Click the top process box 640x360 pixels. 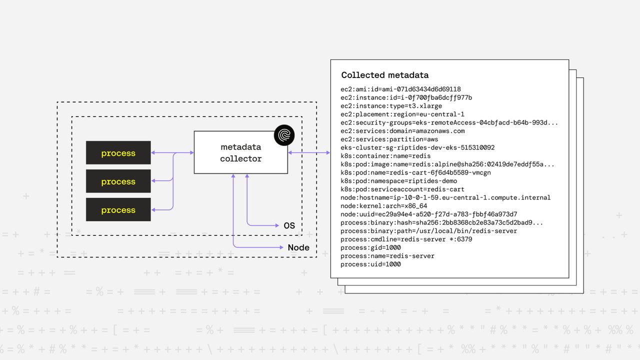[x=118, y=153]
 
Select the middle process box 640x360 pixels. [x=118, y=181]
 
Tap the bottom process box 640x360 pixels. [x=118, y=210]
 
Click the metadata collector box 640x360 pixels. [x=240, y=152]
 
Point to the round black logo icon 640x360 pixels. [x=284, y=135]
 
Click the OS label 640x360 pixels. [x=289, y=225]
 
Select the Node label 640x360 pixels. [x=298, y=247]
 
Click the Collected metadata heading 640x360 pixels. [x=384, y=75]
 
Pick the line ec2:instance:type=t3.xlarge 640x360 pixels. [x=391, y=106]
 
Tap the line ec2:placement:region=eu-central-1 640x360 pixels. [x=402, y=114]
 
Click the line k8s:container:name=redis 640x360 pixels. [x=385, y=156]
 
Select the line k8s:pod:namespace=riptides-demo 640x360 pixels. [x=399, y=181]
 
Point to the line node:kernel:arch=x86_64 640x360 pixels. [x=384, y=206]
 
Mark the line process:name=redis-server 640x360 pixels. [x=387, y=256]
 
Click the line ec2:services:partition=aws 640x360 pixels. [x=389, y=139]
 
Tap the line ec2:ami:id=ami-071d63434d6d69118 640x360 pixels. [x=400, y=89]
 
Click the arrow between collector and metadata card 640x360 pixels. [x=309, y=152]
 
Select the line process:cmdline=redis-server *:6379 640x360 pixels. [x=406, y=239]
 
